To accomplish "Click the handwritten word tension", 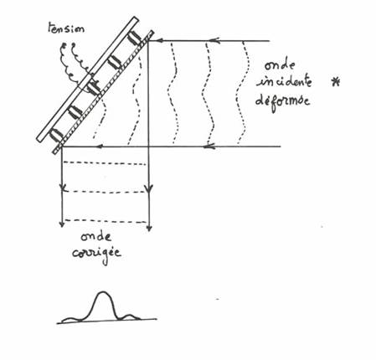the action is click(x=66, y=28).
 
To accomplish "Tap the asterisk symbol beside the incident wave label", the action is click(x=335, y=82).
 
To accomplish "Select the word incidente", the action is click(x=284, y=81).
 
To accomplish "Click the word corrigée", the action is click(x=97, y=255).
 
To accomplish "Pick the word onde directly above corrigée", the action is click(x=96, y=237).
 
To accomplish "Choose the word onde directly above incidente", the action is click(x=280, y=65).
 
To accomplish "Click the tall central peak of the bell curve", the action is click(x=103, y=292).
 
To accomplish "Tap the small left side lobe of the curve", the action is click(x=70, y=318).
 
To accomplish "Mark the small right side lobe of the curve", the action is click(x=128, y=316).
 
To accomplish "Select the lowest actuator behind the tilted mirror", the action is click(x=57, y=136).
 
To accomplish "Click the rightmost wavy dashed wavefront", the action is click(x=242, y=92).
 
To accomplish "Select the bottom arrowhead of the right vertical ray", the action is click(x=149, y=228).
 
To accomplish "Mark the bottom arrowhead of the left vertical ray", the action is click(x=62, y=224).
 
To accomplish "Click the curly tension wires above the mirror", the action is click(x=74, y=64).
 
